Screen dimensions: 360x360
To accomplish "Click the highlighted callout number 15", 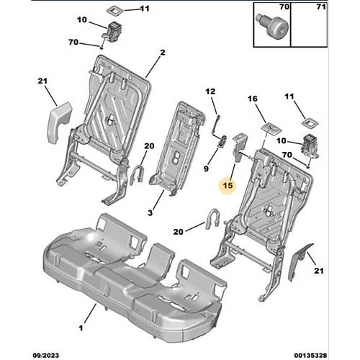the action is [228, 185].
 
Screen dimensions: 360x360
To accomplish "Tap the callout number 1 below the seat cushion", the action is [81, 328].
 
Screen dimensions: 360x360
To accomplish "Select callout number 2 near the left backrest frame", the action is [163, 53].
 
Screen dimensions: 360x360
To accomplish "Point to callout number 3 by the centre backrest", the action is [150, 212].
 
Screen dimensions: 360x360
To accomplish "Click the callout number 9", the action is [206, 168].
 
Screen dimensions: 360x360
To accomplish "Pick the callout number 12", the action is [210, 91].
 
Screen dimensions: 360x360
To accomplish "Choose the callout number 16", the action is [253, 99].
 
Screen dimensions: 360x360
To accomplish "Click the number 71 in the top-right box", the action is [321, 7].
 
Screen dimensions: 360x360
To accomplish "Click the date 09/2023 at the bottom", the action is [45, 355].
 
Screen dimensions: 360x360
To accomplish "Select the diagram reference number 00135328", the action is [310, 355].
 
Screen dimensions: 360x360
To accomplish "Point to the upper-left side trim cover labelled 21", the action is [60, 122].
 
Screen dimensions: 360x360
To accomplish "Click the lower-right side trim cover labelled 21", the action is [300, 261].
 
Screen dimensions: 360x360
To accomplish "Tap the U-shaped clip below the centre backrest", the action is [212, 219].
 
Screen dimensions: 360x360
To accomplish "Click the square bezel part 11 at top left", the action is [115, 10].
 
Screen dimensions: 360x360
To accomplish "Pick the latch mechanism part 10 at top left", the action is [113, 30].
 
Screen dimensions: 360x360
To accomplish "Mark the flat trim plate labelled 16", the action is [271, 128].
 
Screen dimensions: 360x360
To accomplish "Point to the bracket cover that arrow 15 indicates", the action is [240, 147].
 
